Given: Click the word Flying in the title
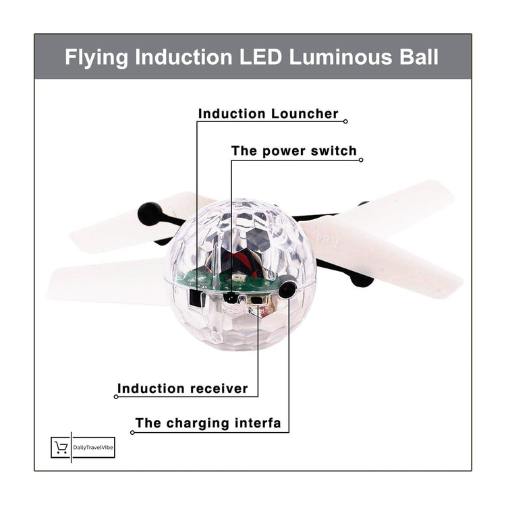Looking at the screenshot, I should tap(97, 57).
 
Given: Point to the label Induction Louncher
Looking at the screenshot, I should tap(268, 114).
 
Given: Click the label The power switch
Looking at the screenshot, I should tap(293, 151).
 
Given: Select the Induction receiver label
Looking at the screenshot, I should tap(183, 389).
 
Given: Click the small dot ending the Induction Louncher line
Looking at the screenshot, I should tap(345, 122).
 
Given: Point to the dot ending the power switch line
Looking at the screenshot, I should tap(361, 160).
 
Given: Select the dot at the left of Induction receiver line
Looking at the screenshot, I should tap(116, 397).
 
